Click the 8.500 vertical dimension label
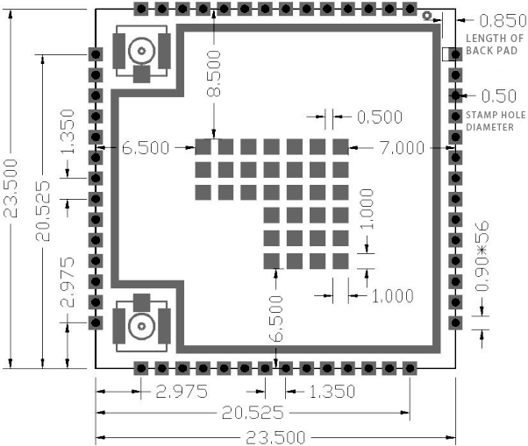click(214, 74)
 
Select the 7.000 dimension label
click(402, 148)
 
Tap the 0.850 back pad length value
click(503, 21)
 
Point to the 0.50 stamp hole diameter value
click(499, 96)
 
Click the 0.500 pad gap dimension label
click(380, 117)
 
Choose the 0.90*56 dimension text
click(482, 256)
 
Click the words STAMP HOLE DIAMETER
click(496, 121)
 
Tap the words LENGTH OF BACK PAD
click(495, 45)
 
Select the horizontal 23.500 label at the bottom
click(275, 438)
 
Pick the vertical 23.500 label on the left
click(11, 188)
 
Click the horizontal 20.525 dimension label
click(253, 413)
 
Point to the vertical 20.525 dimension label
click(43, 211)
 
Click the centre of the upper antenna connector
click(141, 51)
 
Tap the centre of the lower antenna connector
click(141, 326)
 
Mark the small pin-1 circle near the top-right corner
click(427, 16)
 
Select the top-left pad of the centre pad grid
click(203, 147)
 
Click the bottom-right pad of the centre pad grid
click(340, 261)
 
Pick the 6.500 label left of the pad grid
click(146, 148)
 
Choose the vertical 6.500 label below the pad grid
click(276, 319)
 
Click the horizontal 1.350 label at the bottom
click(332, 392)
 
